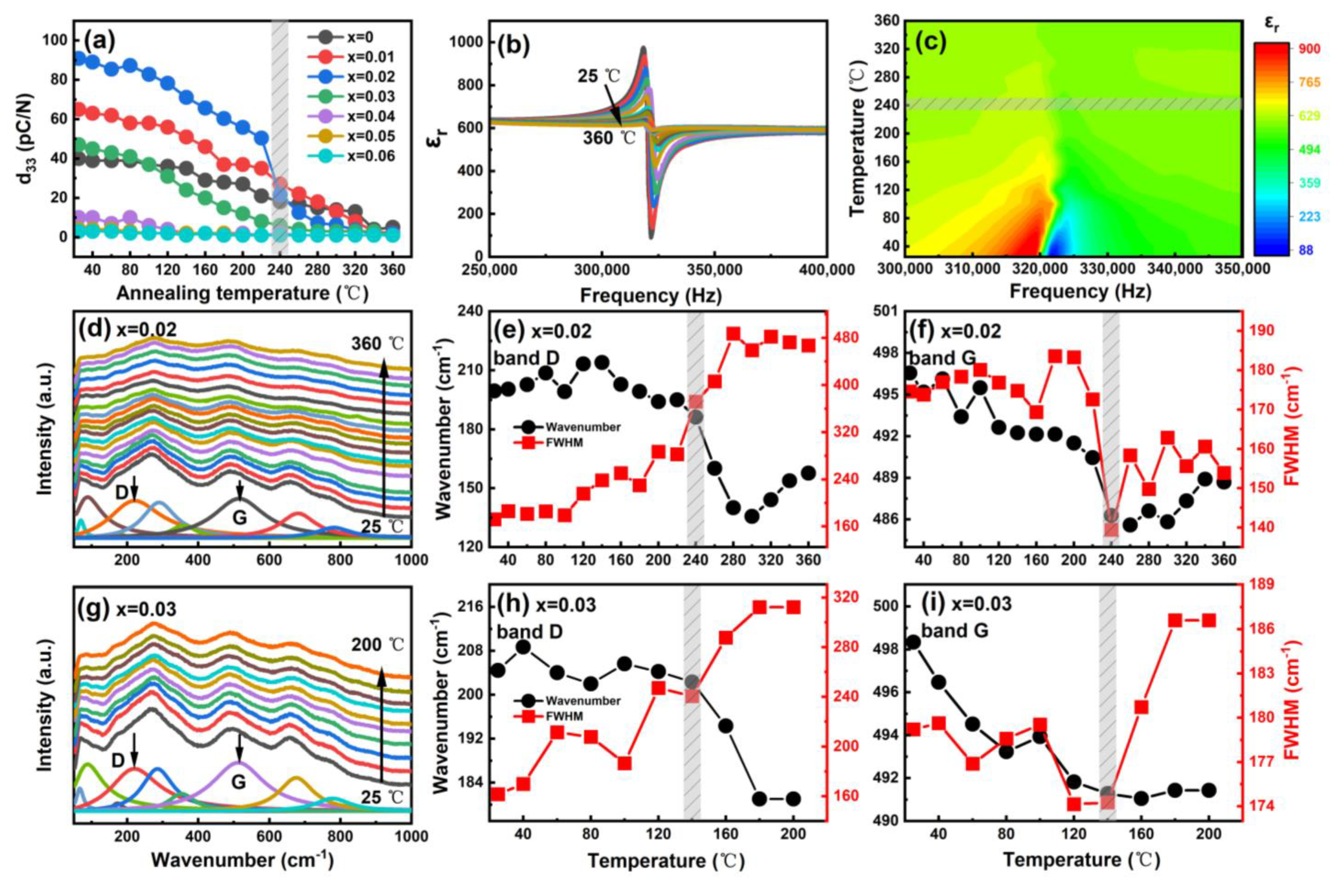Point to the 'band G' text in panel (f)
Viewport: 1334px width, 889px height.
click(942, 358)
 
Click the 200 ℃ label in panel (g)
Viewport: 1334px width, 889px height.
click(377, 645)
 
